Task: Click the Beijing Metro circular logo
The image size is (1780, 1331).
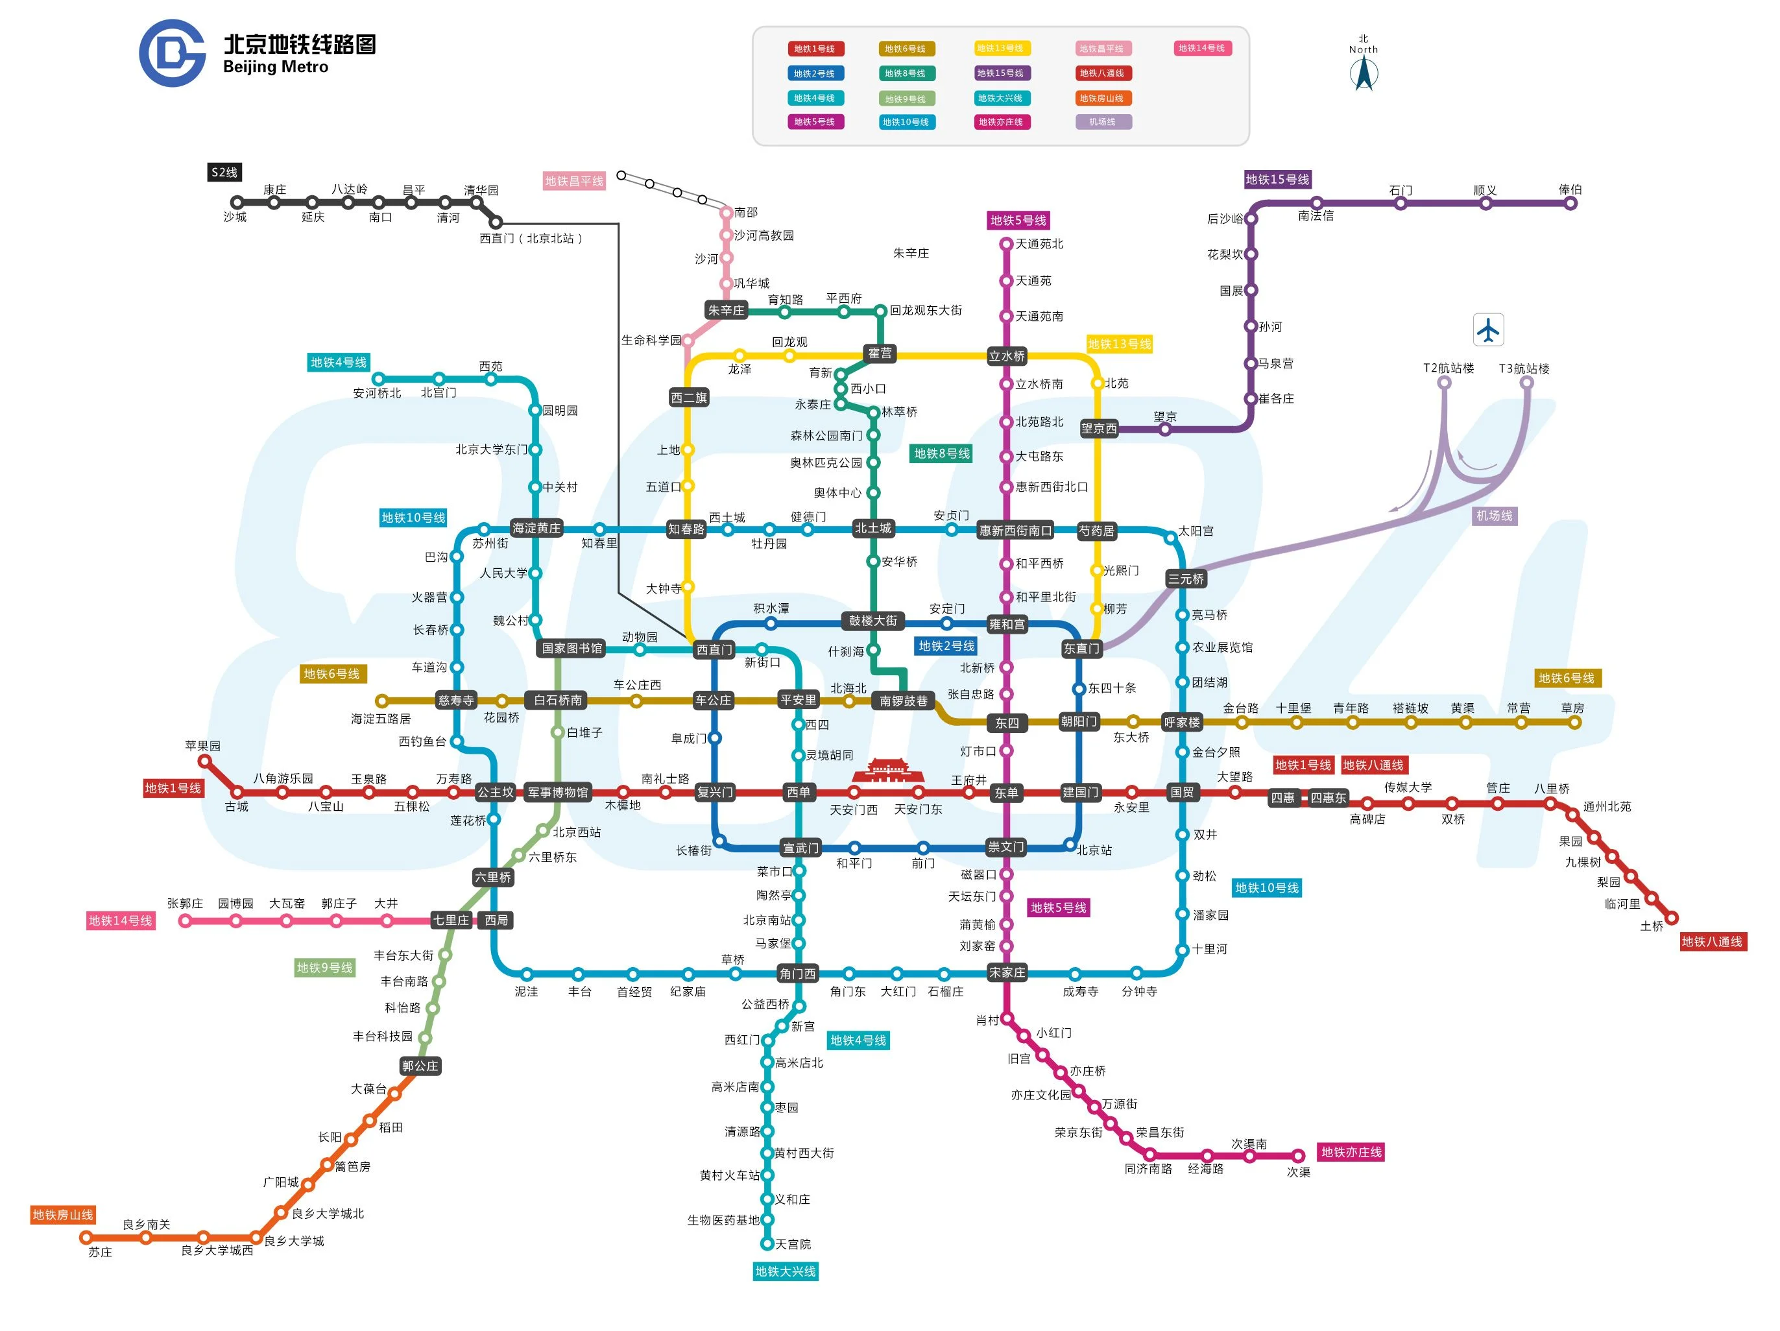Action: [172, 53]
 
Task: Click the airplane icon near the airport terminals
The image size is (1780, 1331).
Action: [1488, 330]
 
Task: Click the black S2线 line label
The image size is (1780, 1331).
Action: [224, 172]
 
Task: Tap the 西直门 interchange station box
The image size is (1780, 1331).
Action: [714, 649]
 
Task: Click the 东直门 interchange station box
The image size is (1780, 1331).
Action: [1081, 649]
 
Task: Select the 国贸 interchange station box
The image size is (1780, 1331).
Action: [1181, 792]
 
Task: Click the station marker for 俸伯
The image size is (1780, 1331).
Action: [1570, 204]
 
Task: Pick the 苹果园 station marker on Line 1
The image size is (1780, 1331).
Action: [204, 760]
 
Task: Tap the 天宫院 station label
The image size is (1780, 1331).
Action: [793, 1244]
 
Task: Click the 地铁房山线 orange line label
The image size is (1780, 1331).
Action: [63, 1214]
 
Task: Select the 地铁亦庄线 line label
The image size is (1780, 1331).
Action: [1351, 1151]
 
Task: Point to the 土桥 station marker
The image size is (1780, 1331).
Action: [1672, 917]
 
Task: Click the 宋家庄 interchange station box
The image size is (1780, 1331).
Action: [1006, 972]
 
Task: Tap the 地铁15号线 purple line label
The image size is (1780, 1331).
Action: [1277, 180]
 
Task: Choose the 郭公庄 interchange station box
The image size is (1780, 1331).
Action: [420, 1066]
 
